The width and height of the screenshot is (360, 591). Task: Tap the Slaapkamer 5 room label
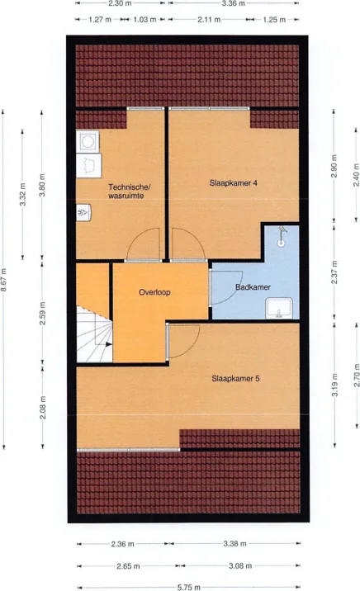[x=235, y=379]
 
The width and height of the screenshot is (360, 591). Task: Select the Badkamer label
[x=253, y=287]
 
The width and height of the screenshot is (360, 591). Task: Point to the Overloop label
[x=154, y=292]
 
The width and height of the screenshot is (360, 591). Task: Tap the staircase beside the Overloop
[x=92, y=334]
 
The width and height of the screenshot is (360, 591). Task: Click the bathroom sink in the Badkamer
[x=277, y=309]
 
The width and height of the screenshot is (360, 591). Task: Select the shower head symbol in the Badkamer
[x=282, y=235]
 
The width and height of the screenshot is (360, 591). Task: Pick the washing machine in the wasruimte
[x=87, y=142]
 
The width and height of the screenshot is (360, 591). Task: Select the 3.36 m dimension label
[x=234, y=4]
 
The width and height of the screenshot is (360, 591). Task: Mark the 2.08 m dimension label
[x=42, y=408]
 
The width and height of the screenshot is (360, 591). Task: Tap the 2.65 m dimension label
[x=127, y=566]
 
